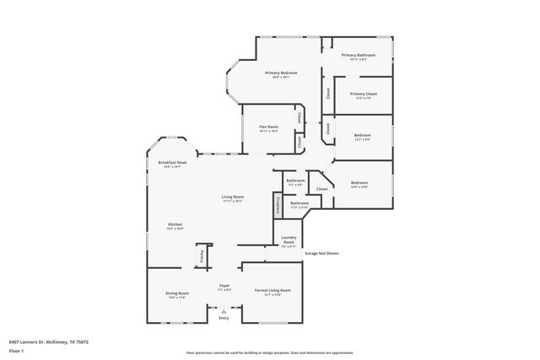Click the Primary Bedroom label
point(281,73)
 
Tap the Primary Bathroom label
point(359,56)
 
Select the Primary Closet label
point(363,94)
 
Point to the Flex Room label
point(268,127)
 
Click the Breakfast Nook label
point(170,163)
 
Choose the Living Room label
point(233,197)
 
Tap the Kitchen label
point(175,224)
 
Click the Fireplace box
point(276,205)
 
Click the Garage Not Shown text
point(321,253)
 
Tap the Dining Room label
point(177,293)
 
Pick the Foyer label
point(224,286)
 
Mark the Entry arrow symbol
point(224,311)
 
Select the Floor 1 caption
point(16,350)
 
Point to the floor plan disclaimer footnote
point(270,353)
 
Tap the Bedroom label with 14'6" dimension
point(359,183)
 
